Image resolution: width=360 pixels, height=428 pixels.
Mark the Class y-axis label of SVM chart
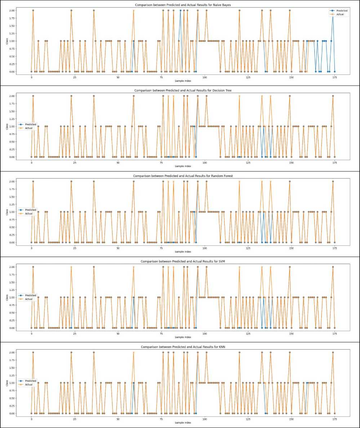click(7, 298)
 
